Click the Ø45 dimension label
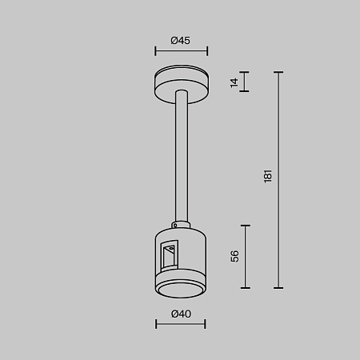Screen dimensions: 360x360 [181, 40]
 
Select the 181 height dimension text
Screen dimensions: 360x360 [268, 174]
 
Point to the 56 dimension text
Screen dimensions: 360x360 [234, 256]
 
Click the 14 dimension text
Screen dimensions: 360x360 [234, 82]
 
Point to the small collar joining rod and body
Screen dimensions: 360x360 [182, 222]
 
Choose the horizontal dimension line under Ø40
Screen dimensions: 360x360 [180, 324]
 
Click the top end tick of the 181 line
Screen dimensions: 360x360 [279, 73]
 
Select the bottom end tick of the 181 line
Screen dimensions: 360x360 [279, 287]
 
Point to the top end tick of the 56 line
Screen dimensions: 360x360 [245, 225]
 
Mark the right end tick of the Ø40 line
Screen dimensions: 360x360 [206, 324]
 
